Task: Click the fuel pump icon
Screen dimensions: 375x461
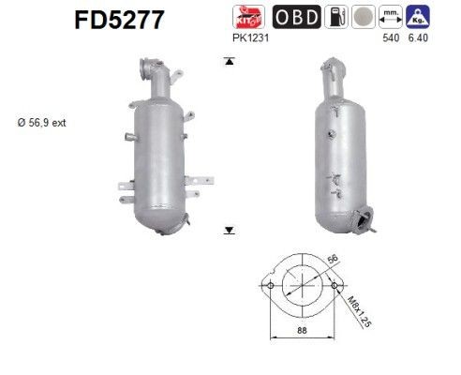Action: point(334,17)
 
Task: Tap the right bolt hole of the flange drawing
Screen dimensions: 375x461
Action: point(335,284)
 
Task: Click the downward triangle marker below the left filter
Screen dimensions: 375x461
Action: point(228,229)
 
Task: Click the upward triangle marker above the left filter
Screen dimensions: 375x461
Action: point(228,61)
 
